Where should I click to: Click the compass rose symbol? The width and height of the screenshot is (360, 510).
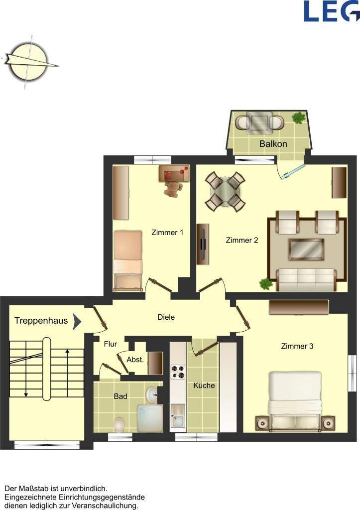point(29,62)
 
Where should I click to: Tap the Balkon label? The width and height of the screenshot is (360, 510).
point(273,144)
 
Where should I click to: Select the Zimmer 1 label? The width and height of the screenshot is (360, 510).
point(167,233)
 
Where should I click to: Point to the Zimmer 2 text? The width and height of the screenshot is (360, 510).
point(242,241)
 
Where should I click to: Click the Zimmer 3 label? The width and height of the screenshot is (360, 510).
point(297,346)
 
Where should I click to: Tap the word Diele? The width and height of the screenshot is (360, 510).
point(166,317)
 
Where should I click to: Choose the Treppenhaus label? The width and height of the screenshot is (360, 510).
point(41,321)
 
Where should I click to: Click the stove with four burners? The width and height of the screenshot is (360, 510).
point(178,372)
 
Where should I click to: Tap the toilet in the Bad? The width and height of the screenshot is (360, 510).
point(120,424)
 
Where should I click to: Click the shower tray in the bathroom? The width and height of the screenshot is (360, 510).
point(150,418)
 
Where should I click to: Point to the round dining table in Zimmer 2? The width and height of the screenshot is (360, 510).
point(225,191)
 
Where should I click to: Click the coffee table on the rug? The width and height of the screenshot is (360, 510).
point(306,250)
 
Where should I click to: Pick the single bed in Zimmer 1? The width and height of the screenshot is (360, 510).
point(128,261)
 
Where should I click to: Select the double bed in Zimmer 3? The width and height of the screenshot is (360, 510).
point(295,402)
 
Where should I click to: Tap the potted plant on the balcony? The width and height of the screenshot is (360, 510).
point(299,118)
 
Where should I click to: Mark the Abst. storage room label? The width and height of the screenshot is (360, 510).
point(135,360)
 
